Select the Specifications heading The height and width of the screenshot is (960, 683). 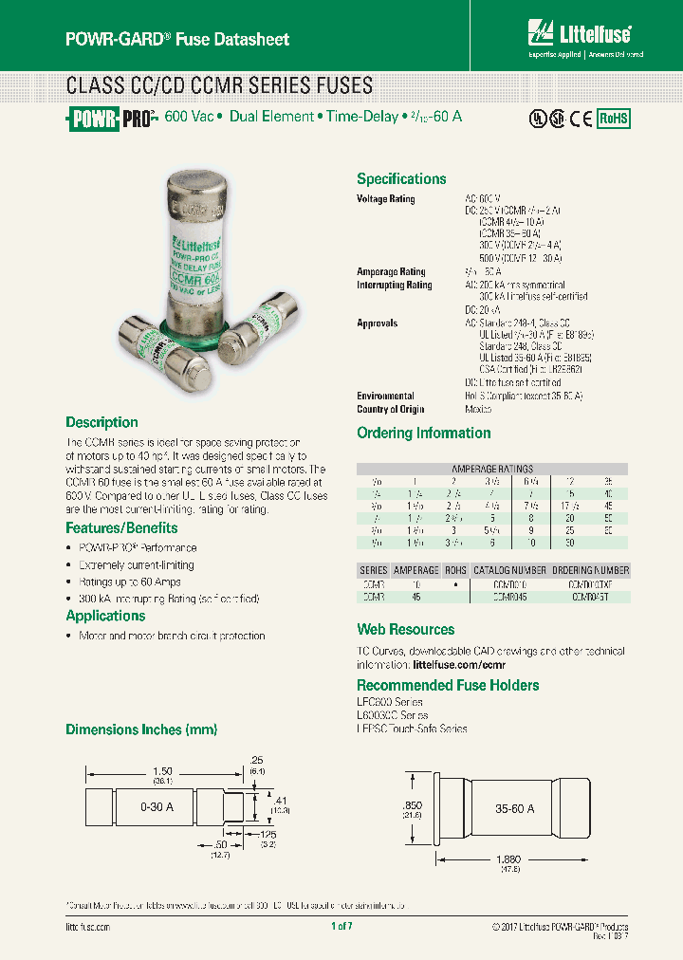pos(401,178)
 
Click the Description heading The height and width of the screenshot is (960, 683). pos(102,422)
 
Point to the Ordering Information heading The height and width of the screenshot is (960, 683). pos(423,433)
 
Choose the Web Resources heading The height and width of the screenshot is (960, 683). pos(405,629)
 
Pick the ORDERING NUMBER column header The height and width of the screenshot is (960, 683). pos(590,570)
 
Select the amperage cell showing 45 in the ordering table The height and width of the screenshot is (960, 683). pos(415,598)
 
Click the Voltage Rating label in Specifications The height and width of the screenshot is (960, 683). pos(386,199)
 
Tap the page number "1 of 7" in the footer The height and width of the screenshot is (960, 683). pos(341,926)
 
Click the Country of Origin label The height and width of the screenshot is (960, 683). pos(391,410)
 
